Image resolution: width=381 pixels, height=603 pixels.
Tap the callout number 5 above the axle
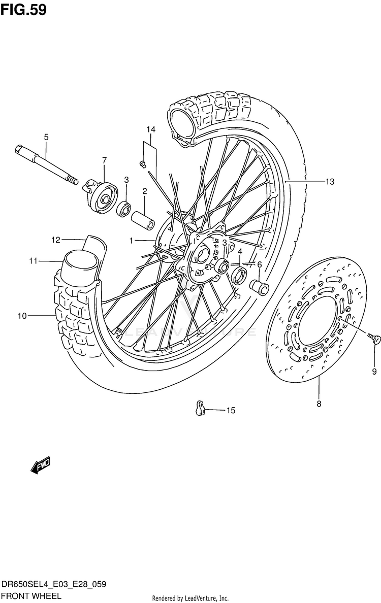46,137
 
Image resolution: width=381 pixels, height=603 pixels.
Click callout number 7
104,160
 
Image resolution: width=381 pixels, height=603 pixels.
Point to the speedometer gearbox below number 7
100,196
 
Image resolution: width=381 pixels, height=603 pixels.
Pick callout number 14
151,129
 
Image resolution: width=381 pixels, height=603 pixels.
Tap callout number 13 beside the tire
330,182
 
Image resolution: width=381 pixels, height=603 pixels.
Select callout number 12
56,240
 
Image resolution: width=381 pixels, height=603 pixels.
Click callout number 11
34,261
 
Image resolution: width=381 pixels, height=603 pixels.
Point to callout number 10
22,316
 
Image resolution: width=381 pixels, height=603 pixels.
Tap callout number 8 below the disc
319,404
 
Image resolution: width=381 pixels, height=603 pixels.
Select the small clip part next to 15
200,408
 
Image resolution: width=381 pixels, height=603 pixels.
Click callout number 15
231,411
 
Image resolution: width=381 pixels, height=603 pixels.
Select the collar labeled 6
260,286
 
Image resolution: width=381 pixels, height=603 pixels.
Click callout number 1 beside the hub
132,241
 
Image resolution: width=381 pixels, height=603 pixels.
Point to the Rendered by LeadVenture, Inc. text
190,598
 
